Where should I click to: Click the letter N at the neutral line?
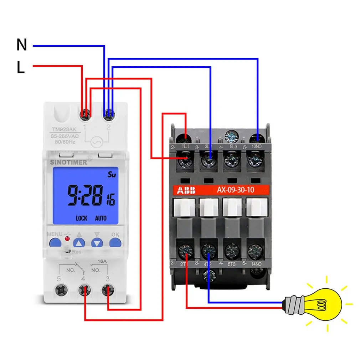point(22,45)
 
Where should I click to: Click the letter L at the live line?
point(21,67)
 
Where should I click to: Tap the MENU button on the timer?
point(55,243)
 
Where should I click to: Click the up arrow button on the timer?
point(79,243)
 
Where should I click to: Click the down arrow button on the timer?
point(97,243)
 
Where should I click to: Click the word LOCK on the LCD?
point(81,218)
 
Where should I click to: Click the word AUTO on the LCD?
point(101,218)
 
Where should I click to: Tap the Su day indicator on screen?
point(112,175)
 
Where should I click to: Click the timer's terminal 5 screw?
point(61,290)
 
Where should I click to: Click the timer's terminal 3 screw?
point(107,290)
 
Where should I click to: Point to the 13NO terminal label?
point(257,146)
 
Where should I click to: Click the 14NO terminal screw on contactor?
point(255,251)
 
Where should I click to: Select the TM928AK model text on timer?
point(63,130)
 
